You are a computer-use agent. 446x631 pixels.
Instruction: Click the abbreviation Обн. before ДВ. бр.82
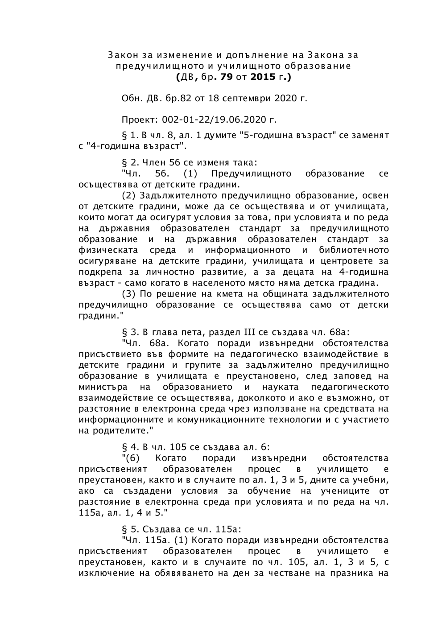[131, 98]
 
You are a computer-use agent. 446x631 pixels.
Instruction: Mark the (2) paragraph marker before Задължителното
[129, 195]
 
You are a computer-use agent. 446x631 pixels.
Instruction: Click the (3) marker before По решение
[129, 294]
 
